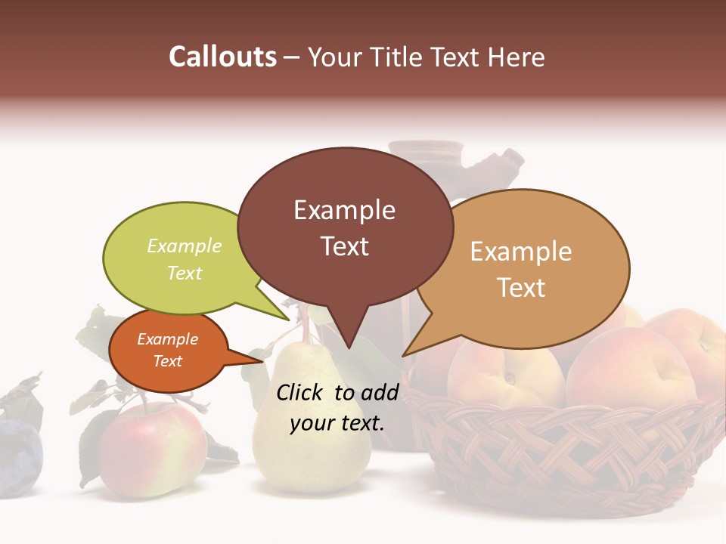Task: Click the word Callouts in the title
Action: tap(222, 57)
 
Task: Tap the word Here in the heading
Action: tap(514, 57)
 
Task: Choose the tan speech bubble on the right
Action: tap(522, 269)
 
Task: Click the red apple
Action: tap(151, 450)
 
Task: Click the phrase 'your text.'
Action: tap(337, 423)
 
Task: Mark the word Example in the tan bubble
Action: tap(521, 252)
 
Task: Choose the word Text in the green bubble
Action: tap(185, 273)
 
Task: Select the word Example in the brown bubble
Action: tap(344, 210)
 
